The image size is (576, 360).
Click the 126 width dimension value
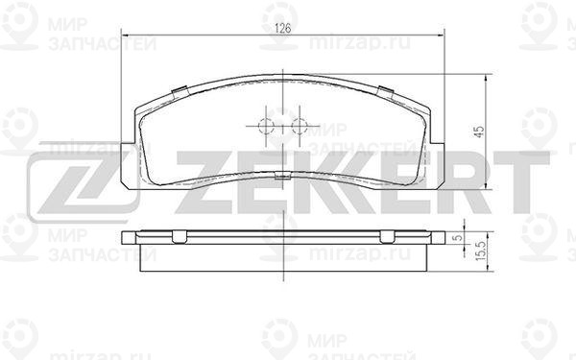pyautogui.click(x=283, y=28)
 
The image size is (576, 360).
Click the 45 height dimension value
pyautogui.click(x=479, y=132)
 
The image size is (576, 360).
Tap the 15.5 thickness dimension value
pyautogui.click(x=481, y=252)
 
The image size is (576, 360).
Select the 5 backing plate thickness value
pyautogui.click(x=458, y=238)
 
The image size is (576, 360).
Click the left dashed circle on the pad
pyautogui.click(x=266, y=127)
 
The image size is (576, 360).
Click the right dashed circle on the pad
pyautogui.click(x=300, y=127)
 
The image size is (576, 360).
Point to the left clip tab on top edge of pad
pyautogui.click(x=180, y=92)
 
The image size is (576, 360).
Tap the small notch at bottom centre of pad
pyautogui.click(x=283, y=176)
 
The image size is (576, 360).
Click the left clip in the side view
pyautogui.click(x=180, y=237)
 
